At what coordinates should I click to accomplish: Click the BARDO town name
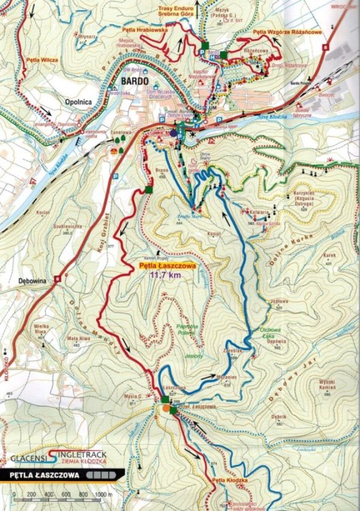pyautogui.click(x=135, y=80)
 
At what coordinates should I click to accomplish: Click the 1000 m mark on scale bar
pyautogui.click(x=102, y=494)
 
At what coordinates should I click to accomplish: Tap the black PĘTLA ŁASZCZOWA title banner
pyautogui.click(x=55, y=475)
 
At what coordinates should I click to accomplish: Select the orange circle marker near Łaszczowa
pyautogui.click(x=167, y=409)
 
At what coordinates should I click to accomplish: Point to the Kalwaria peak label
pyautogui.click(x=256, y=212)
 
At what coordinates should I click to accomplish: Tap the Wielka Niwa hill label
pyautogui.click(x=44, y=330)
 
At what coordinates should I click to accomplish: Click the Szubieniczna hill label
pyautogui.click(x=55, y=228)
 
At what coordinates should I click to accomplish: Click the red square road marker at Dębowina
pyautogui.click(x=59, y=278)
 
